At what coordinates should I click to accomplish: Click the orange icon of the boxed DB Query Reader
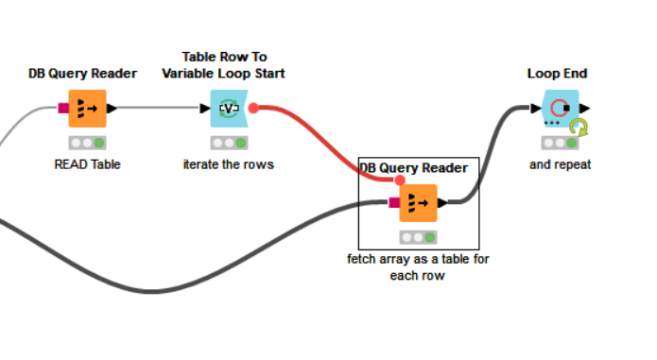click(x=418, y=202)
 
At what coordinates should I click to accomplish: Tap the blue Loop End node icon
click(x=560, y=109)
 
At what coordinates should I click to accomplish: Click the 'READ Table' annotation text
click(x=87, y=163)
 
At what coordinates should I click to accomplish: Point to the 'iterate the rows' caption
click(x=228, y=163)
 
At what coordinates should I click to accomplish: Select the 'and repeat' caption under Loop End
click(x=560, y=163)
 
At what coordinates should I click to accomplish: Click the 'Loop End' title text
click(x=558, y=73)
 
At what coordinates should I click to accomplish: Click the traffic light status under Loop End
click(x=560, y=143)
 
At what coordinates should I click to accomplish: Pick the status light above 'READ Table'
click(x=87, y=143)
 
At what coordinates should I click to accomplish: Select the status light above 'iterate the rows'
click(x=229, y=143)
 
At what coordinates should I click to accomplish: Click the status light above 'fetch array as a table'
click(x=418, y=237)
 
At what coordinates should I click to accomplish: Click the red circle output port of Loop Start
click(x=253, y=109)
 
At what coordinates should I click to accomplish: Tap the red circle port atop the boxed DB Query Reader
click(x=400, y=180)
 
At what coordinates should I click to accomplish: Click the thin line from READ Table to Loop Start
click(x=161, y=109)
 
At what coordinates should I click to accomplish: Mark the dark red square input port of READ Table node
click(x=63, y=109)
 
